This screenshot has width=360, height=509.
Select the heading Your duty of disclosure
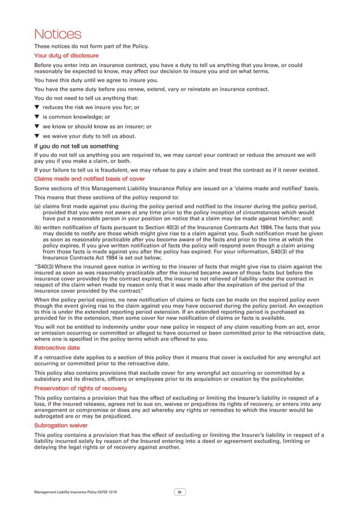(67, 56)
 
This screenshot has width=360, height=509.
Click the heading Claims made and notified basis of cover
(90, 179)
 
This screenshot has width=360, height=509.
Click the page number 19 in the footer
(179, 492)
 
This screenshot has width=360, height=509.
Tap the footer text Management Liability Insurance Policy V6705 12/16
(80, 493)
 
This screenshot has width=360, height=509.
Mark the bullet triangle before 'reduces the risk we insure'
(37, 107)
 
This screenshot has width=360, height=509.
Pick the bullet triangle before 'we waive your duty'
(37, 137)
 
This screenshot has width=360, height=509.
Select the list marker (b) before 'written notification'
(38, 227)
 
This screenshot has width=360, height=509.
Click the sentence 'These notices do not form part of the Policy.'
(91, 46)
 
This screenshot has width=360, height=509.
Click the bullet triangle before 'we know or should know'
(37, 127)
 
